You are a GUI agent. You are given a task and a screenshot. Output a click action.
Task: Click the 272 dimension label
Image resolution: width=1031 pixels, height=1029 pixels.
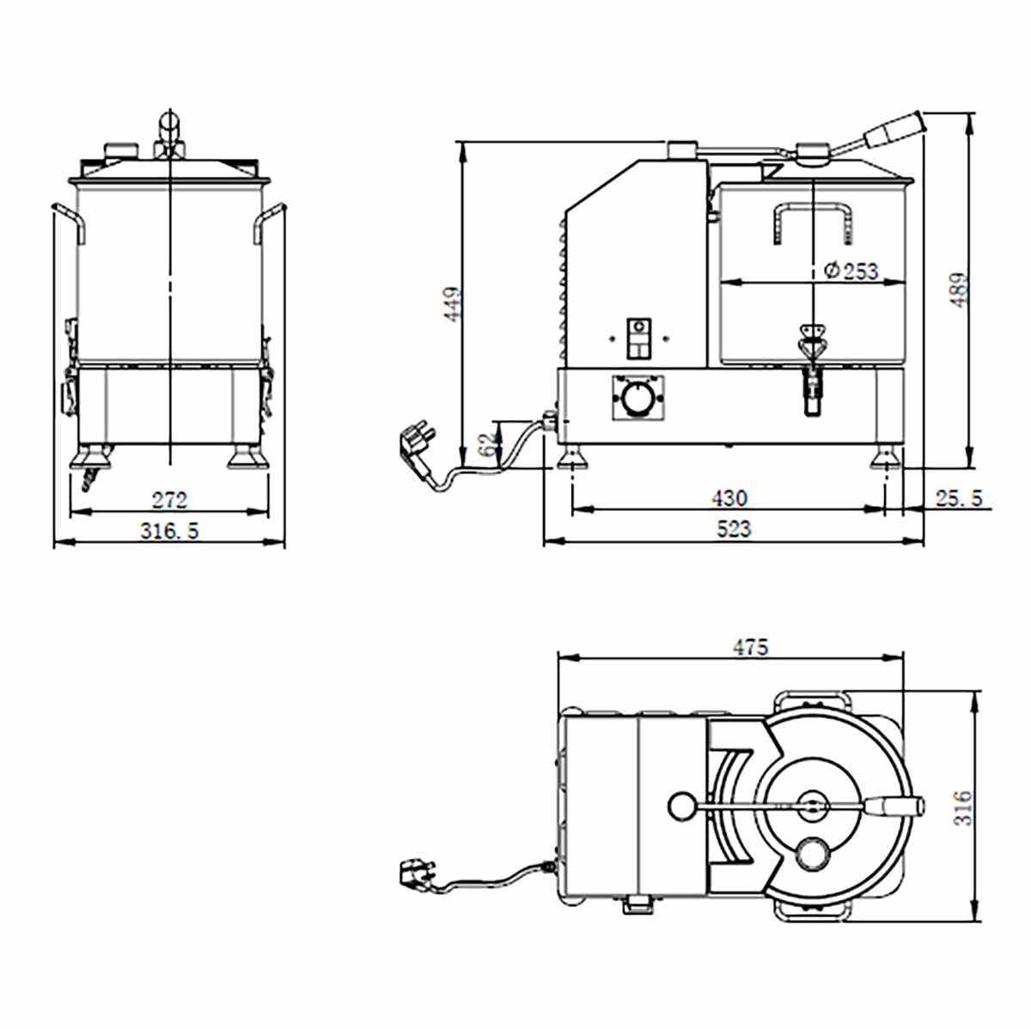[169, 499]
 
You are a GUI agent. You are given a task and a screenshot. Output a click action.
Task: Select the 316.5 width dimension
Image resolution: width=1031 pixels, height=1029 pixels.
[169, 531]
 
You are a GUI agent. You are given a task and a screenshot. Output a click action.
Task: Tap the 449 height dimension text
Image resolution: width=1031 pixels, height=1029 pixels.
[452, 303]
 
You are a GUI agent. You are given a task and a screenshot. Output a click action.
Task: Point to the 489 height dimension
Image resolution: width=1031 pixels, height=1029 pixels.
[960, 290]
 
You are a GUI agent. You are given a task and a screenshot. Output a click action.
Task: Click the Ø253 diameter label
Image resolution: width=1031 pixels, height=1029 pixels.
[851, 271]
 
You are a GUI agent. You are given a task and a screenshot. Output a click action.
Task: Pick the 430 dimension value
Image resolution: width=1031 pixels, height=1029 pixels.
[729, 497]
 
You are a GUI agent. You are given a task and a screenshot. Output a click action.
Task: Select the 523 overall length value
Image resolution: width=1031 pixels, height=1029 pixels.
[733, 529]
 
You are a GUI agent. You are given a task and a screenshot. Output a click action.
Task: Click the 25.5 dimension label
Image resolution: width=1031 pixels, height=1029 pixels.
[958, 497]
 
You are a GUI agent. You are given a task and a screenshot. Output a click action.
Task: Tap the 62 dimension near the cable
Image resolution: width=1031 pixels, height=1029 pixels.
[487, 443]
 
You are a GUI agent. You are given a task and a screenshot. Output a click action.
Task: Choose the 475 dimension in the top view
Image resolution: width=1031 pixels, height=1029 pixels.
[750, 647]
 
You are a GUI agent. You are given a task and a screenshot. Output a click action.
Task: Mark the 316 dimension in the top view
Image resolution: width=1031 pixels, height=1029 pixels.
[963, 807]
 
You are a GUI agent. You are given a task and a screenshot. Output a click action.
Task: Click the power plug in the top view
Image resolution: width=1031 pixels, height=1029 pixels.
[415, 874]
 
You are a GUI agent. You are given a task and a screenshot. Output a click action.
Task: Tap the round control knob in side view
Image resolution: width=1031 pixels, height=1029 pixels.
[638, 398]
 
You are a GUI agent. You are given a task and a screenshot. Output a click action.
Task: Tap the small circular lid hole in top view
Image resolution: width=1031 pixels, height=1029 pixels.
[812, 853]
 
